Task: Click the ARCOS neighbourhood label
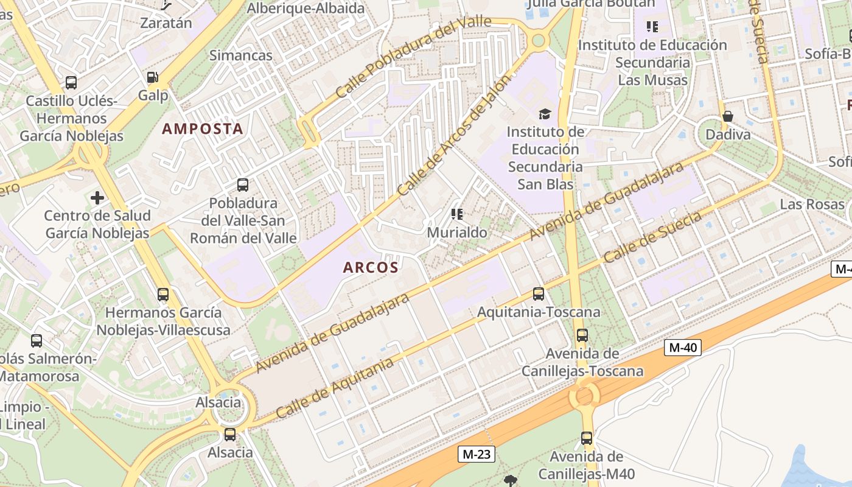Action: click(x=371, y=267)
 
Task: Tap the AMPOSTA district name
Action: click(x=203, y=129)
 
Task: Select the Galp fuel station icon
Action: click(x=152, y=77)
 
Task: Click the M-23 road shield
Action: click(x=477, y=454)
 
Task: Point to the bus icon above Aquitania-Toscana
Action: click(x=539, y=294)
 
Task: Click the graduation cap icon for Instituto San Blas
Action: click(x=545, y=114)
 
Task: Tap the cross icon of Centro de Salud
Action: click(x=97, y=198)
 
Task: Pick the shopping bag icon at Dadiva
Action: click(x=727, y=116)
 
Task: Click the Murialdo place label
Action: click(x=457, y=233)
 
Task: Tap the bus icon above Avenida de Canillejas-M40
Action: click(x=587, y=438)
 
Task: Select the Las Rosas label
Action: click(x=812, y=204)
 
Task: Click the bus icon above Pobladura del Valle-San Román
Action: click(x=243, y=185)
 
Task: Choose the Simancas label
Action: click(x=241, y=55)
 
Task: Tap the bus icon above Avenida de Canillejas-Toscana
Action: click(x=582, y=335)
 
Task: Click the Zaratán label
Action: click(x=166, y=23)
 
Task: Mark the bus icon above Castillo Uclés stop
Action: click(x=71, y=83)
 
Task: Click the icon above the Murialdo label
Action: click(x=457, y=214)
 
